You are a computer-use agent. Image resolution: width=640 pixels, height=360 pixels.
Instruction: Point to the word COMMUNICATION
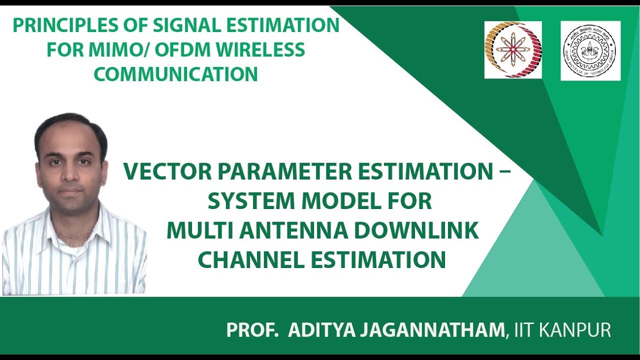tap(175, 74)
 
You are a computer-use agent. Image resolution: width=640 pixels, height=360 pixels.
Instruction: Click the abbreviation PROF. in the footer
tap(252, 330)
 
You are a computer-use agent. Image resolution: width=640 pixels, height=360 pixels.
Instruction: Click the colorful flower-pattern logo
tap(512, 49)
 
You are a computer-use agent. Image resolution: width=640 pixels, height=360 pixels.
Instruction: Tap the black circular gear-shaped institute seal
tap(590, 50)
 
